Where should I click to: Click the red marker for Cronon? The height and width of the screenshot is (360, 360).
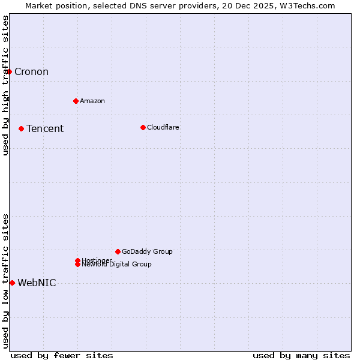point(9,72)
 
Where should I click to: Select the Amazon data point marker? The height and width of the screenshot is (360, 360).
point(76,101)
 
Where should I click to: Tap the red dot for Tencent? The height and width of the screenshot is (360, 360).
point(21,128)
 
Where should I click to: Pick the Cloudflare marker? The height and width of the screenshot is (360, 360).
point(143,127)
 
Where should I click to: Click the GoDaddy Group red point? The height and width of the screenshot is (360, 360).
point(118,251)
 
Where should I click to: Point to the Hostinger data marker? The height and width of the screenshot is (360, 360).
point(77,260)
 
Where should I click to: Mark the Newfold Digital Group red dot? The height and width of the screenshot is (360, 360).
point(77,265)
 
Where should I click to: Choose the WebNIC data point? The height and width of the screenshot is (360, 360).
point(12,283)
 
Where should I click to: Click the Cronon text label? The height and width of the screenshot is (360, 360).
point(31,72)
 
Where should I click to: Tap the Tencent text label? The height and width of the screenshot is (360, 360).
point(45,128)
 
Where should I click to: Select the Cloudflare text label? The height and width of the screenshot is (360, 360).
point(163,127)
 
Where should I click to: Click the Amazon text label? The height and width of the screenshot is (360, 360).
point(92,101)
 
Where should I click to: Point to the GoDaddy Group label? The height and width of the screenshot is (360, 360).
point(147,251)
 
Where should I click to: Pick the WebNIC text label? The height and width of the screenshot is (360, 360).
point(37,283)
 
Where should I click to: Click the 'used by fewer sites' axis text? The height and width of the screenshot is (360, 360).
point(62,356)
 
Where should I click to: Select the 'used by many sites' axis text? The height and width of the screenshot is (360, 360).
point(301,356)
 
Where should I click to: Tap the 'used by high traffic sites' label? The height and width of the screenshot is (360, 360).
point(5,85)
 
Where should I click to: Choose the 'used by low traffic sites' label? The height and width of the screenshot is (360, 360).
point(5,280)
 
